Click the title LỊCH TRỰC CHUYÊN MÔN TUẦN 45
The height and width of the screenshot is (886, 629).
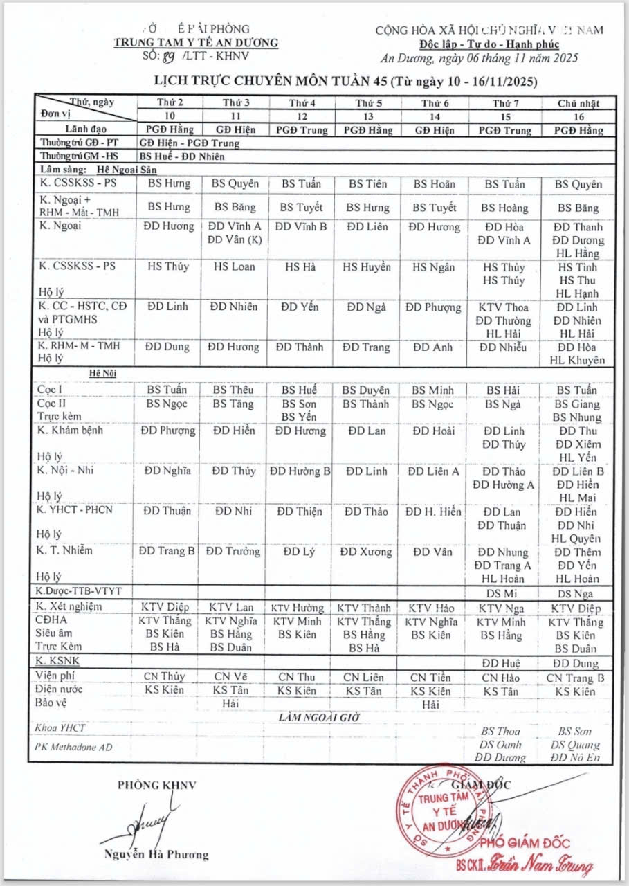tap(269, 82)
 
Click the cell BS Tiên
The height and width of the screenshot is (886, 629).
tap(367, 184)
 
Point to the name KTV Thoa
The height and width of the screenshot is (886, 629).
tap(503, 307)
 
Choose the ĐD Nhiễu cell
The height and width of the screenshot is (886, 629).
tap(503, 347)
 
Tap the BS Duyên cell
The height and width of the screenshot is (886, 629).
tap(367, 390)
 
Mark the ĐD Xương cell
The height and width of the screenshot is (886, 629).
tap(366, 552)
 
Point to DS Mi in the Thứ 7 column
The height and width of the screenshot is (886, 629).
tap(502, 594)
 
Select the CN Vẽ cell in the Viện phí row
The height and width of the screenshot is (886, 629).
tap(231, 677)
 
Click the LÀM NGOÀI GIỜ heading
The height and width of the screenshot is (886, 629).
tap(319, 717)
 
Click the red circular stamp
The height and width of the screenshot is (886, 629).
tap(438, 809)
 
